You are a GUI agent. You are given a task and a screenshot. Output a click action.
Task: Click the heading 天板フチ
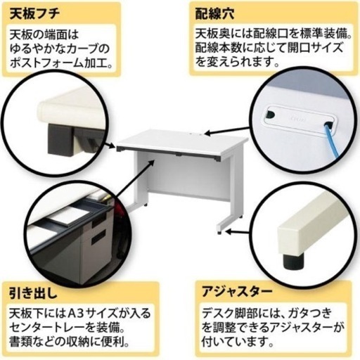point(34,14)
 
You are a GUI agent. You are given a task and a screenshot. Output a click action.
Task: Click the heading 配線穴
point(214,14)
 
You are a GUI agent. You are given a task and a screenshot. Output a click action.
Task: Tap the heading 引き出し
point(33,293)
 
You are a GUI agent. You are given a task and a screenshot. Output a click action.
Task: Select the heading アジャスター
point(237,292)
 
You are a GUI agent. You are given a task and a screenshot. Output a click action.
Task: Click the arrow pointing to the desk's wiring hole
point(226,131)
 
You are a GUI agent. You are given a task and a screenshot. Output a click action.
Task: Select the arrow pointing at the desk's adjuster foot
point(237,233)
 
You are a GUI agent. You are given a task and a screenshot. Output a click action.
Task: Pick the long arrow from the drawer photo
point(136,179)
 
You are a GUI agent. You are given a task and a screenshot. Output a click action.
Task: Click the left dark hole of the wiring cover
point(270,114)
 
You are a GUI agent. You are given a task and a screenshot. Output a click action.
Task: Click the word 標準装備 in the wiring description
point(327,34)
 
